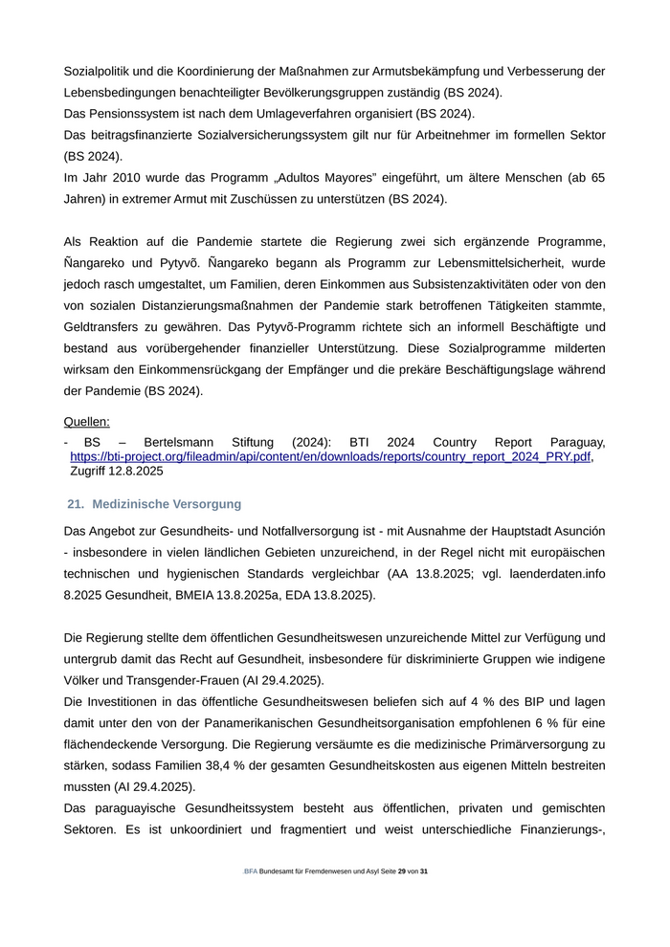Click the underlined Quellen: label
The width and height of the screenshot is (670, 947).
pyautogui.click(x=86, y=422)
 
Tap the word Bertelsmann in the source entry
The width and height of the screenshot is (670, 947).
pyautogui.click(x=179, y=443)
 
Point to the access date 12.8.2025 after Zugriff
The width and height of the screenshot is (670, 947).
pyautogui.click(x=136, y=472)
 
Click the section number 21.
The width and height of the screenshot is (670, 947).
pyautogui.click(x=77, y=504)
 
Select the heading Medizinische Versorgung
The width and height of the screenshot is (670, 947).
pyautogui.click(x=167, y=504)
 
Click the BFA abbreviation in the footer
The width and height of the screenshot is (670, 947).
pyautogui.click(x=251, y=872)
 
